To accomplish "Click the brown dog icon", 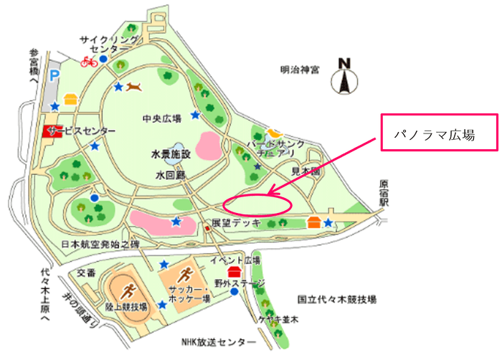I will [134, 87].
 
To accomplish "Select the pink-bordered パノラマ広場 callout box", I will [437, 133].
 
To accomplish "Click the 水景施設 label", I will [170, 154].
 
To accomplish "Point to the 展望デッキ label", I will [236, 223].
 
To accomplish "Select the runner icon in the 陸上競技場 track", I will [129, 290].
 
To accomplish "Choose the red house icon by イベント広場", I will [235, 273].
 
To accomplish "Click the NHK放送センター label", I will [218, 341].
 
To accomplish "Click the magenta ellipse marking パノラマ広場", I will [257, 205].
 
